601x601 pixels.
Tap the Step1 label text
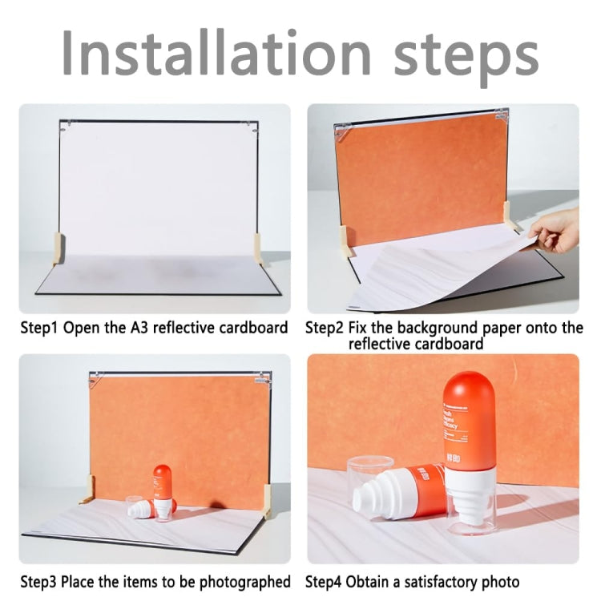[x=40, y=328]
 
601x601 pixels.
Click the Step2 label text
[x=325, y=328]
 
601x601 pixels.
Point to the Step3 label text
[x=39, y=581]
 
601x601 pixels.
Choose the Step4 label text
[x=325, y=581]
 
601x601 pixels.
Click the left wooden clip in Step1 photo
[x=57, y=247]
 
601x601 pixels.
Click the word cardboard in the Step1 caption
[x=257, y=328]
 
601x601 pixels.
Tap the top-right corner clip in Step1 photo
[x=253, y=127]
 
